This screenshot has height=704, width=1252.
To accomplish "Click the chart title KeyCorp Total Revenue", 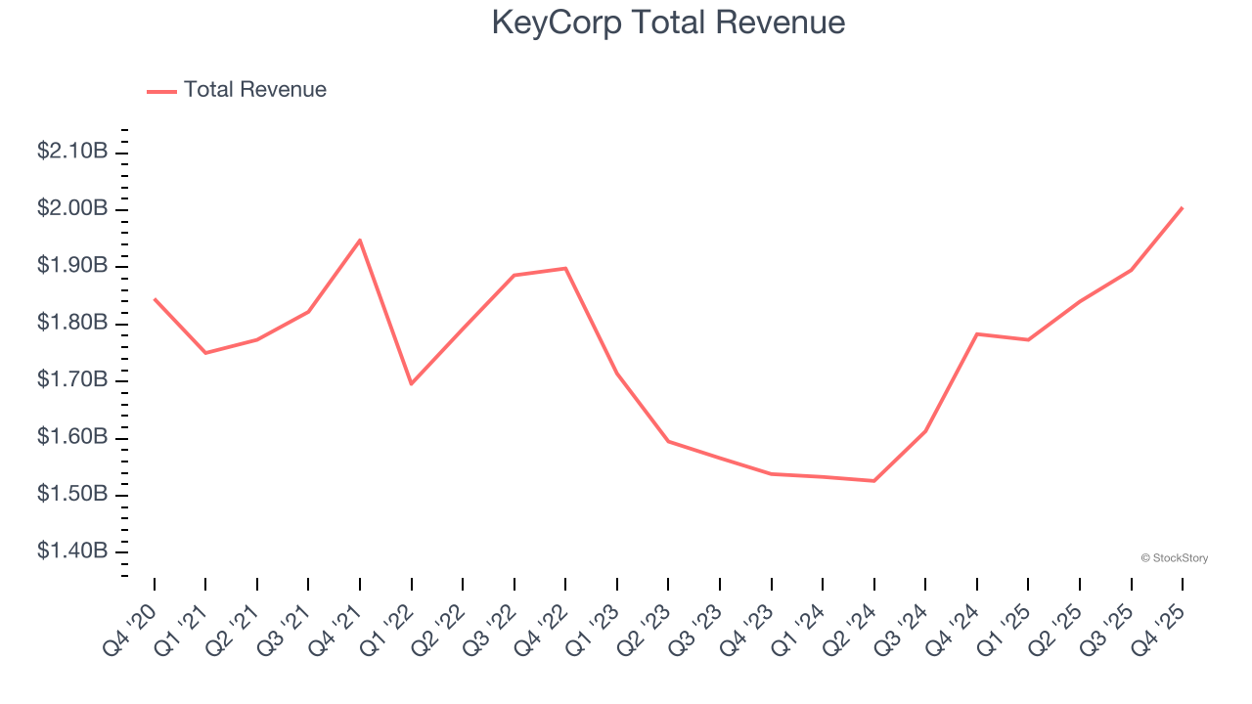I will (x=668, y=22).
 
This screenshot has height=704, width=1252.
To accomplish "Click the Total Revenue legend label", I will (x=254, y=90).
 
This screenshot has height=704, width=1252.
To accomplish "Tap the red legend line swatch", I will (x=161, y=91).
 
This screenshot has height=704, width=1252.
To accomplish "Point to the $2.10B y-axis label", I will (x=72, y=152).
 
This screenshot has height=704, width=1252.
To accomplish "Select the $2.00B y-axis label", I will (x=72, y=208).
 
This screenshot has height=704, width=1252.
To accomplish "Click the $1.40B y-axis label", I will (x=72, y=551).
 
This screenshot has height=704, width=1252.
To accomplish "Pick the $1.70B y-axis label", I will (x=72, y=379).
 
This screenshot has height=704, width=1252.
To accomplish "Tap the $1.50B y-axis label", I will (x=72, y=494).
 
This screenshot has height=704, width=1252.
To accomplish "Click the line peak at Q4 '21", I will (x=360, y=240).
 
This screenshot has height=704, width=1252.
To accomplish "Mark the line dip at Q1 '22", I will (x=412, y=383).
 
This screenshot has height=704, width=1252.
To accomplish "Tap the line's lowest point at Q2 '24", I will (x=873, y=481).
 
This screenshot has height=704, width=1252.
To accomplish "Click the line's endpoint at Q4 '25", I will (x=1183, y=207).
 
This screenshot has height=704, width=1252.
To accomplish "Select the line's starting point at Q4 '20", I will (x=155, y=298).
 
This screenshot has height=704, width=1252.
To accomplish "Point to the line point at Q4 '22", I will (x=565, y=268).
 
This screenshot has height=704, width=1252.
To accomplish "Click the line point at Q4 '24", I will (x=977, y=333).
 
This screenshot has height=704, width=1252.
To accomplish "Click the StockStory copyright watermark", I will (x=1174, y=558).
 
